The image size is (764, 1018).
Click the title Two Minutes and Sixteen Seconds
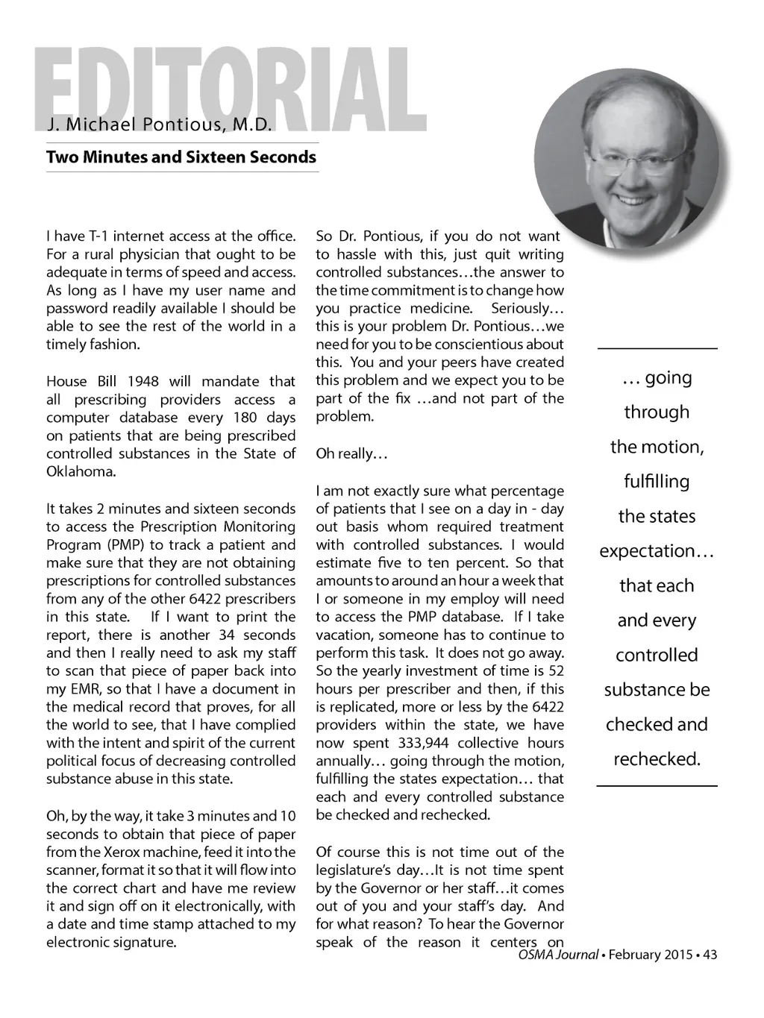pyautogui.click(x=181, y=157)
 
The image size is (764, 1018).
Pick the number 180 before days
pyautogui.click(x=245, y=418)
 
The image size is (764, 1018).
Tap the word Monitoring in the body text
pyautogui.click(x=260, y=527)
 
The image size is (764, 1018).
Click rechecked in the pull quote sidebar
pyautogui.click(x=657, y=759)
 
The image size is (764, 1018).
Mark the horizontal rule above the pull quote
pyautogui.click(x=657, y=348)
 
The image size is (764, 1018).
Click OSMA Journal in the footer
pyautogui.click(x=558, y=955)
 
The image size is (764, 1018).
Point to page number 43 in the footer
pyautogui.click(x=710, y=955)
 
